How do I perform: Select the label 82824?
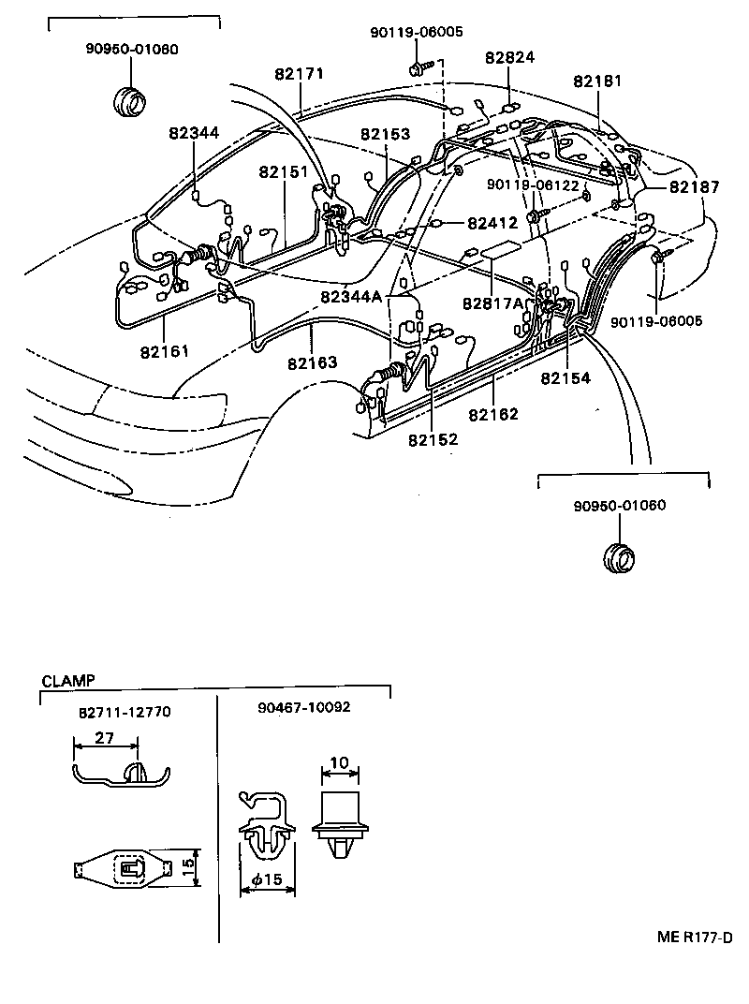[509, 58]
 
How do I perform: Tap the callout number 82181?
[596, 81]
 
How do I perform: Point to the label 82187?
[694, 188]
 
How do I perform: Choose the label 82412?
[492, 224]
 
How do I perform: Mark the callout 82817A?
[492, 303]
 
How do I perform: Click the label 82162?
[492, 413]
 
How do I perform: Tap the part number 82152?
[433, 438]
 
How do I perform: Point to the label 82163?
[313, 362]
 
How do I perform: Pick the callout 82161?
[165, 351]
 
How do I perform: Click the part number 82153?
[386, 135]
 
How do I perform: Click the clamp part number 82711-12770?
[125, 712]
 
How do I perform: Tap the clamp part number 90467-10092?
[303, 707]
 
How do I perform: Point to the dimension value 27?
[104, 738]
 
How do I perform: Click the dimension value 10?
[340, 763]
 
